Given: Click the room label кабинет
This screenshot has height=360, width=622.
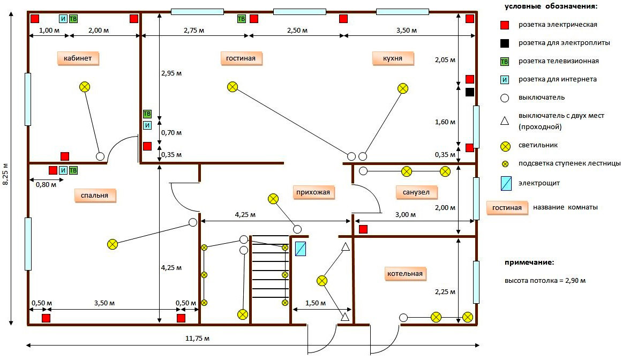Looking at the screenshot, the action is (78, 58).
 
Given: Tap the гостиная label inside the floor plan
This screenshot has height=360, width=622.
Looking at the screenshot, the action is (241, 58).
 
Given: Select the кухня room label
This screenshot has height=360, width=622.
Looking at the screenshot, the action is (393, 58).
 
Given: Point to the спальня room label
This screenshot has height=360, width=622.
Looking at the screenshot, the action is (94, 196).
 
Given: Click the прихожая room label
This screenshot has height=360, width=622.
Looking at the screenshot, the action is (313, 192).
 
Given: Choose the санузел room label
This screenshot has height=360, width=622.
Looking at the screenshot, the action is (416, 192).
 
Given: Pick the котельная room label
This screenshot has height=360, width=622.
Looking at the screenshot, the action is (405, 274).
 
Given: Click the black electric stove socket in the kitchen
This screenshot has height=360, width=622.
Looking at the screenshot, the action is (470, 92).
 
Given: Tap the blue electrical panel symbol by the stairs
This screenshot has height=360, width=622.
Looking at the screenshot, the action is (301, 249).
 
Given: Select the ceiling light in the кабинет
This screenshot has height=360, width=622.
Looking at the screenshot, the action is (85, 87).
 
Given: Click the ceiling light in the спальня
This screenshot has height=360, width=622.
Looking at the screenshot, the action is (113, 244).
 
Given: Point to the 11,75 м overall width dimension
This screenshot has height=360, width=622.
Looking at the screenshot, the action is (197, 339).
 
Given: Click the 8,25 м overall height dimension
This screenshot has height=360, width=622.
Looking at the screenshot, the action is (5, 174).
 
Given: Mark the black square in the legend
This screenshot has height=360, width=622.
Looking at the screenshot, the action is (505, 43).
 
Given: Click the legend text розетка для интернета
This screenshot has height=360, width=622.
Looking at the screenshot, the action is (557, 79).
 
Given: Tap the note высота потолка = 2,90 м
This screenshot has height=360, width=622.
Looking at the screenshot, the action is (545, 281).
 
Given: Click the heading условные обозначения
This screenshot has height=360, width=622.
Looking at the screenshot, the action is (551, 6).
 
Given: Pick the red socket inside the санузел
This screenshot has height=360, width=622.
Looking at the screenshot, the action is (363, 229).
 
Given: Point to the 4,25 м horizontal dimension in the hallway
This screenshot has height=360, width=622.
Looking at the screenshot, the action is (245, 215).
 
